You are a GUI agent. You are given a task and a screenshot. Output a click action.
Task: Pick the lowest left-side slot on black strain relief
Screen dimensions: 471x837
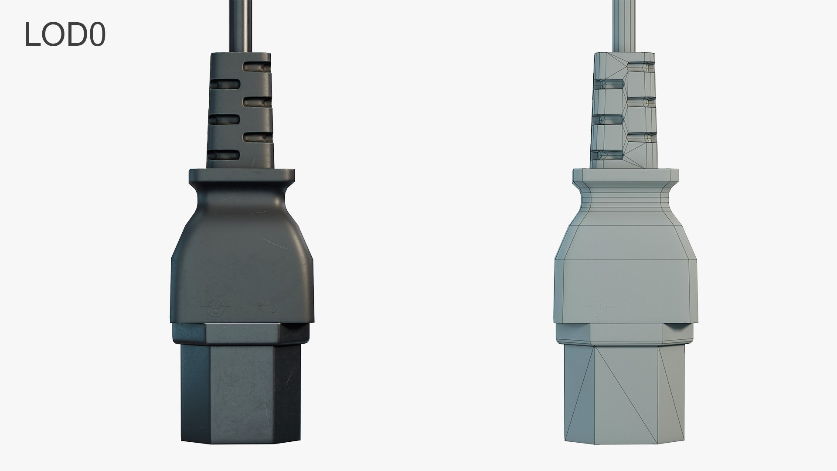pos(224,154)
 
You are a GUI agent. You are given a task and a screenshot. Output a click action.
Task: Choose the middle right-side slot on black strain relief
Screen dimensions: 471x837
pos(257,102)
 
